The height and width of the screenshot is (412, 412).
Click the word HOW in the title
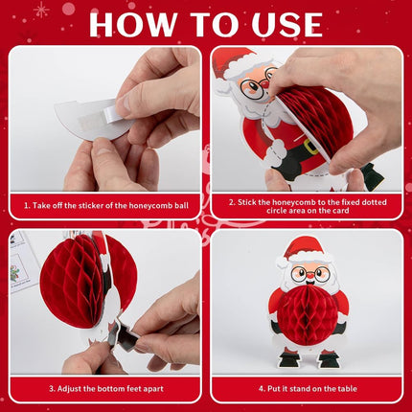[x=132, y=25]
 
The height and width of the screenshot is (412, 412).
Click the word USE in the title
[x=286, y=25]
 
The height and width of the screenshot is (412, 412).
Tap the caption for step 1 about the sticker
[x=106, y=205]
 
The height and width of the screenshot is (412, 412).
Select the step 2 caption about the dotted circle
[x=308, y=206]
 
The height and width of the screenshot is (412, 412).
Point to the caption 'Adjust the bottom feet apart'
[x=106, y=389]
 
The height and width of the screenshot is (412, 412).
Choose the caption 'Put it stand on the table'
[x=308, y=389]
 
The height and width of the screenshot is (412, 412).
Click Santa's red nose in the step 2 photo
[x=265, y=84]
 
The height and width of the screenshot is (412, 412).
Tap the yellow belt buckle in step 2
[x=310, y=147]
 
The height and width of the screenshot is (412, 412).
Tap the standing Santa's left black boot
[x=289, y=359]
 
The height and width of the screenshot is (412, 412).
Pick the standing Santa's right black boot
[x=329, y=358]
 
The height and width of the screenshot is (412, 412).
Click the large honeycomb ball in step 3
[x=88, y=281]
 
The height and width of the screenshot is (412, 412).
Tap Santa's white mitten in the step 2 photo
[x=275, y=152]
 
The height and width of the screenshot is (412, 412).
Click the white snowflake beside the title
[x=41, y=10]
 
